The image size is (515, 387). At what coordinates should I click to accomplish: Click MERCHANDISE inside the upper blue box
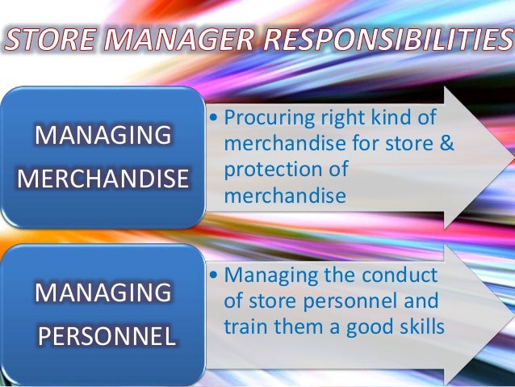102,178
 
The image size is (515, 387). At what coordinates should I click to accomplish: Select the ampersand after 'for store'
446,145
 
